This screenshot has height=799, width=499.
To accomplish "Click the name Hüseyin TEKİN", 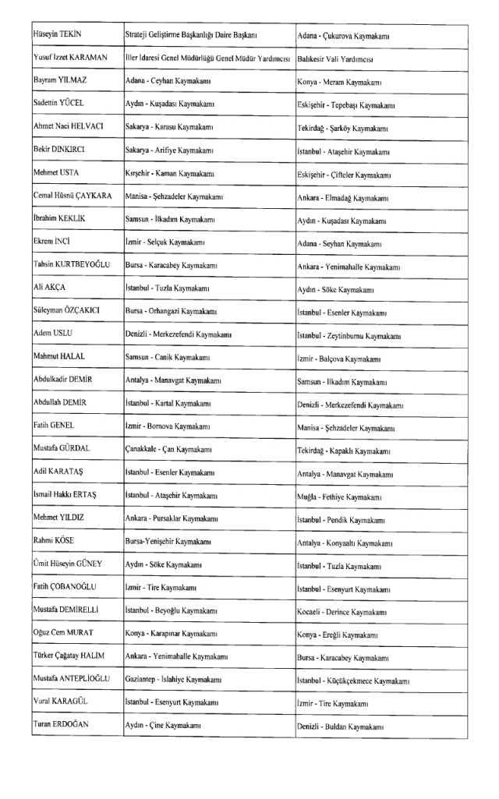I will click(x=57, y=35).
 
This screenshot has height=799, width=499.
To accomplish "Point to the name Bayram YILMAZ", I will click(x=58, y=81).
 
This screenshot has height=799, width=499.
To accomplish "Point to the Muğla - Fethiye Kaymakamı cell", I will click(x=340, y=496).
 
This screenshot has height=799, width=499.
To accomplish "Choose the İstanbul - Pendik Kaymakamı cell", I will click(x=340, y=519).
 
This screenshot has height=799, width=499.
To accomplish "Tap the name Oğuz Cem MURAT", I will click(x=62, y=633).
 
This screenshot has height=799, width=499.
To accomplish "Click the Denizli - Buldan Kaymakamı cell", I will click(x=341, y=727).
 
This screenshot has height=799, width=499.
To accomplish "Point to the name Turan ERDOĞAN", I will click(x=60, y=724).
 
